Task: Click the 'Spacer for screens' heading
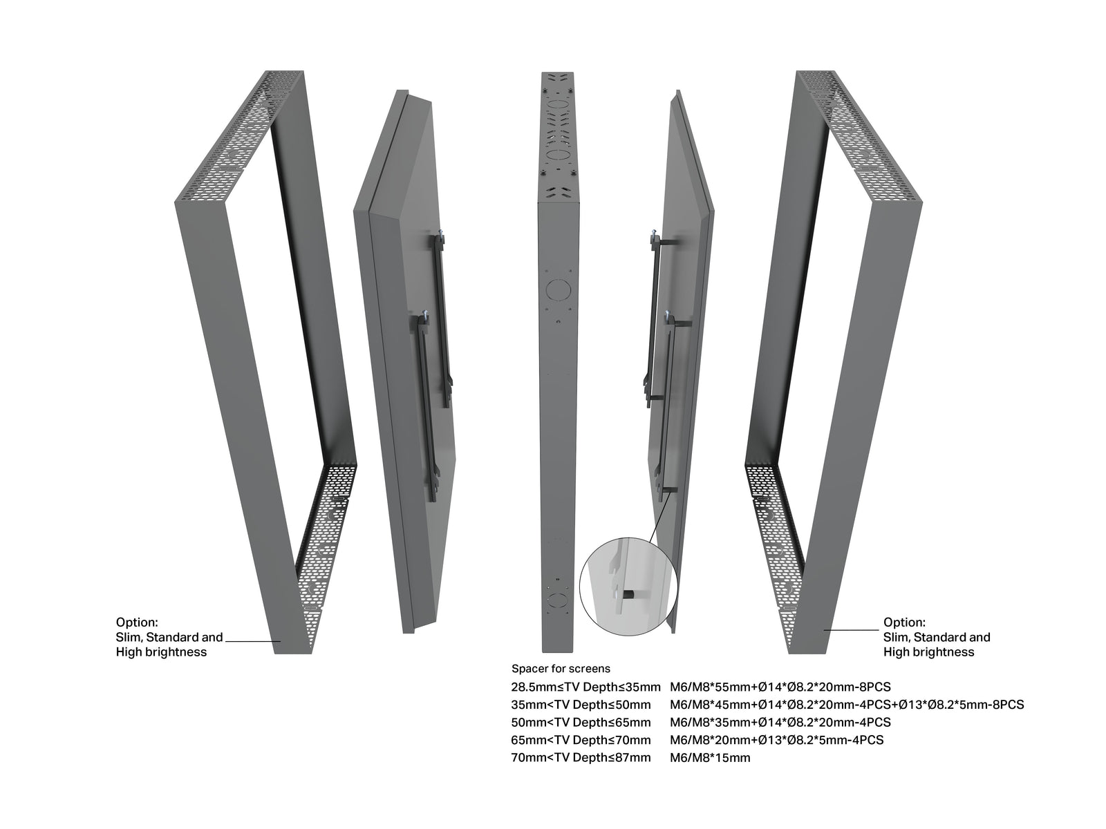561,669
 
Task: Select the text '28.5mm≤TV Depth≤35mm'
585,687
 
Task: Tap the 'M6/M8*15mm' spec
709,758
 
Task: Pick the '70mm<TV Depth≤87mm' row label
581,758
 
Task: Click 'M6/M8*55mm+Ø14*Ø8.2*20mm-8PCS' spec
780,687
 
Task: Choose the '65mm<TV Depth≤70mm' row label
581,740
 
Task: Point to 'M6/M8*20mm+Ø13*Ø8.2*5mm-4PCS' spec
776,740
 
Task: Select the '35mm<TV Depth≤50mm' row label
581,705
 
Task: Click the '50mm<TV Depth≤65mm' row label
581,723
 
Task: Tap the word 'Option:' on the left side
137,622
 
